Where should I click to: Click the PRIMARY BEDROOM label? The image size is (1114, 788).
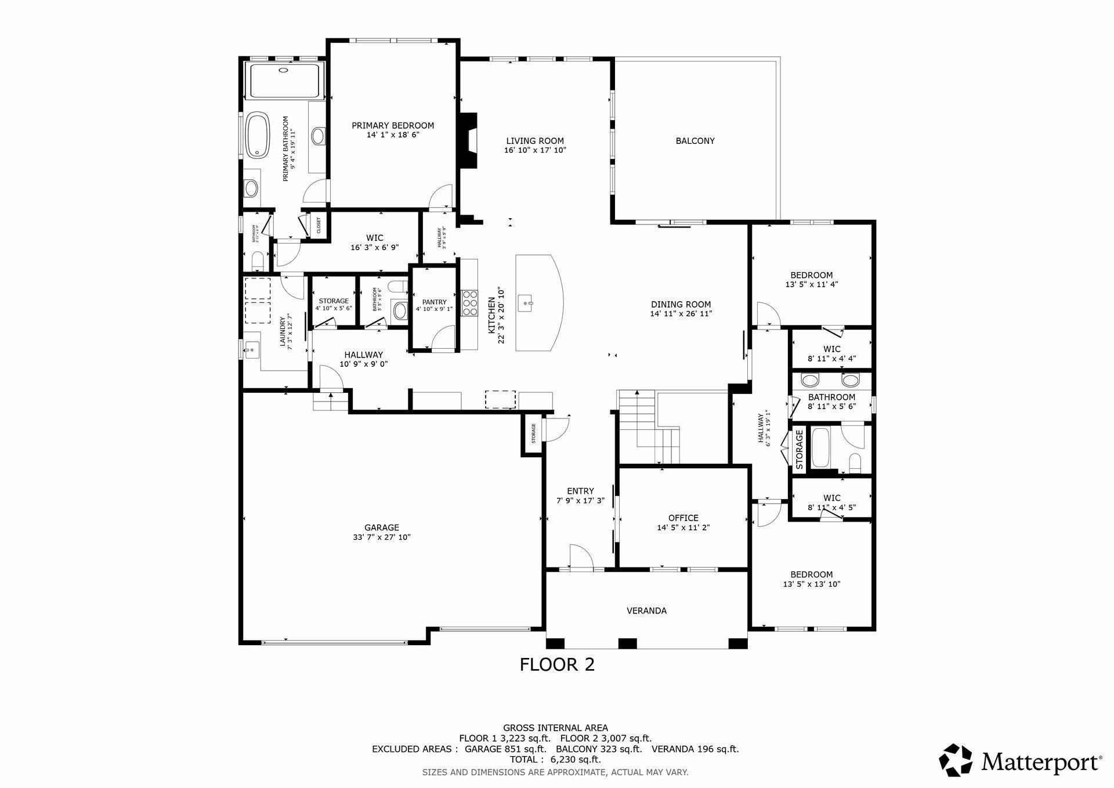pyautogui.click(x=393, y=125)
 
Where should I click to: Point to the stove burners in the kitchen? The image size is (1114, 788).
pyautogui.click(x=469, y=302)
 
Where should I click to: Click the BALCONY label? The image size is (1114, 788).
pyautogui.click(x=695, y=141)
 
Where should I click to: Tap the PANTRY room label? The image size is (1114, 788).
pyautogui.click(x=435, y=302)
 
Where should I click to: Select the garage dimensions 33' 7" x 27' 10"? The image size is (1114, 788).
pyautogui.click(x=382, y=537)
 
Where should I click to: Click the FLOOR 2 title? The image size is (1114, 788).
pyautogui.click(x=557, y=664)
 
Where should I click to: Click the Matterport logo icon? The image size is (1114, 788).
pyautogui.click(x=956, y=760)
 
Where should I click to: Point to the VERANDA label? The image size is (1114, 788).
pyautogui.click(x=646, y=610)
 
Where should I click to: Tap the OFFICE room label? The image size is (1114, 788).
pyautogui.click(x=683, y=518)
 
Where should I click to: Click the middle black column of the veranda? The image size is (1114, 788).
pyautogui.click(x=627, y=644)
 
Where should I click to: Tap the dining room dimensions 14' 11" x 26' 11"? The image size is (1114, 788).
pyautogui.click(x=681, y=314)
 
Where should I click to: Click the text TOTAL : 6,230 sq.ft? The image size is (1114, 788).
pyautogui.click(x=555, y=760)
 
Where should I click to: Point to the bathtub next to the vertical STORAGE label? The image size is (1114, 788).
pyautogui.click(x=820, y=447)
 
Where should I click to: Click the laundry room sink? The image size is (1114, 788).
pyautogui.click(x=252, y=350)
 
